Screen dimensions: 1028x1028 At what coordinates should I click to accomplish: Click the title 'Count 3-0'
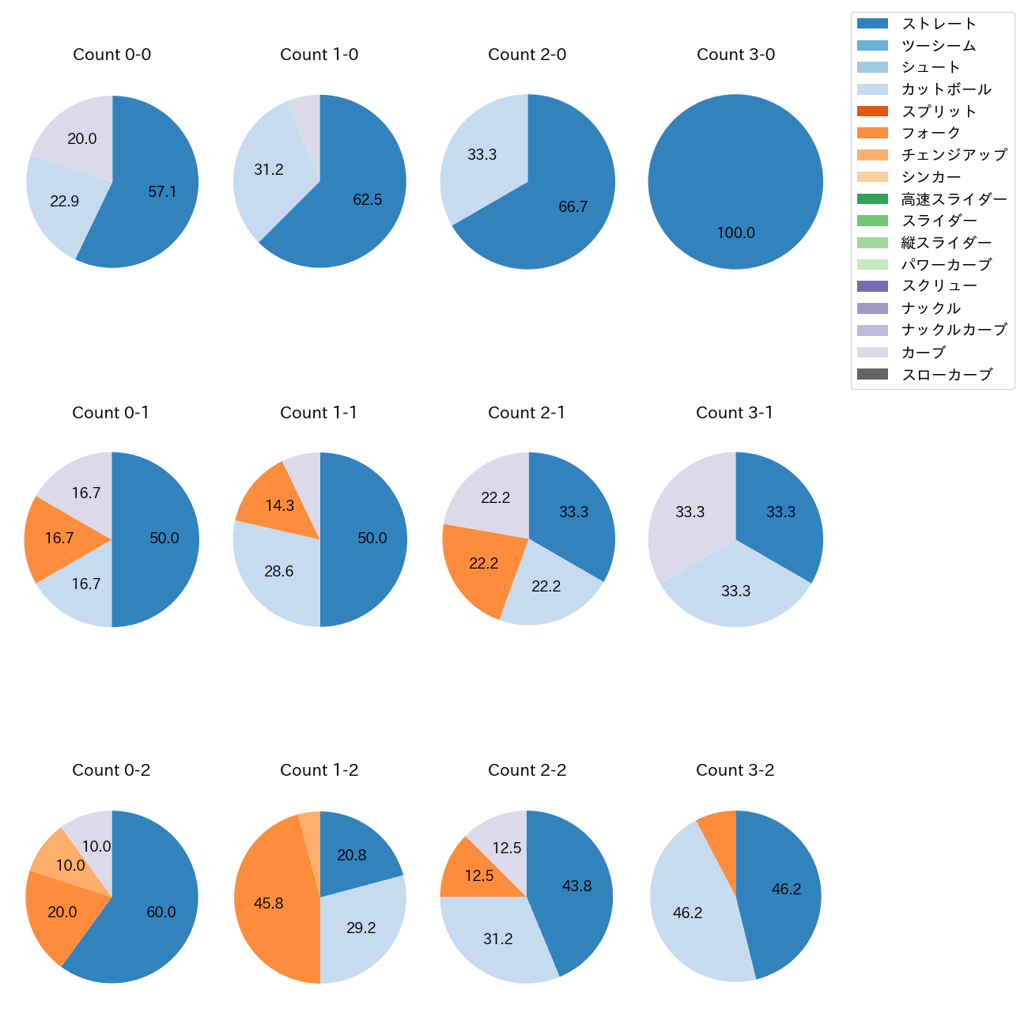[735, 55]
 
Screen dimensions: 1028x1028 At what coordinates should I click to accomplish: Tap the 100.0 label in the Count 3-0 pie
[735, 232]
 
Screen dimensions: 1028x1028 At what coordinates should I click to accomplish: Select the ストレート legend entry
[939, 24]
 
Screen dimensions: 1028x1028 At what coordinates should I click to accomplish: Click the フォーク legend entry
[931, 133]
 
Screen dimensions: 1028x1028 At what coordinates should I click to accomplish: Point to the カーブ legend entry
[923, 353]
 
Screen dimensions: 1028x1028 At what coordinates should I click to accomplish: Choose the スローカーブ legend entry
[946, 375]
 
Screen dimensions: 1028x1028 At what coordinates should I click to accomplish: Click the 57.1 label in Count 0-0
[162, 191]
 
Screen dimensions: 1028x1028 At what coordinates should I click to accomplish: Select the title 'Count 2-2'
[527, 770]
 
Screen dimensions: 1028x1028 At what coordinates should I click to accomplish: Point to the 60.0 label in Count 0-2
[161, 912]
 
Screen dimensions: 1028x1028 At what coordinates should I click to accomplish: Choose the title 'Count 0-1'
[111, 413]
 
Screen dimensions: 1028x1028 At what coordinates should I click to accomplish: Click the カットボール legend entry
[946, 89]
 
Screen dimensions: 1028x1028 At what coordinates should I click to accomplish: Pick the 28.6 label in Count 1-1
[279, 571]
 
